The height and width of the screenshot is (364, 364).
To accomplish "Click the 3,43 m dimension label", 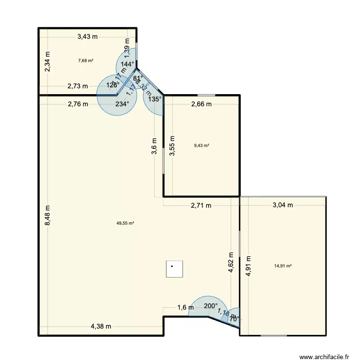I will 87,36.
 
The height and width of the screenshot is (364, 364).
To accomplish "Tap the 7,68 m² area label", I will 85,61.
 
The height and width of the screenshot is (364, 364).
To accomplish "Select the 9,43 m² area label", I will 201,145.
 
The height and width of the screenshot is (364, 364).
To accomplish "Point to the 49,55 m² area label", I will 125,223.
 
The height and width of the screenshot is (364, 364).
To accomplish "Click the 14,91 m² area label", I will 283,265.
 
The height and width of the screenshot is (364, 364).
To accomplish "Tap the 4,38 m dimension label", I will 101,327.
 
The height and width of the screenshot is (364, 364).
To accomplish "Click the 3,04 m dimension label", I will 283,205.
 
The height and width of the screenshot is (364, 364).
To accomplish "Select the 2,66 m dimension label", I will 201,104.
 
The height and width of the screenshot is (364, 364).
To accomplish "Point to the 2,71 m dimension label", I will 201,205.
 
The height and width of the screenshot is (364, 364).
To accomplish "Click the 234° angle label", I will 122,104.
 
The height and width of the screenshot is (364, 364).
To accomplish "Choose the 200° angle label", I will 211,306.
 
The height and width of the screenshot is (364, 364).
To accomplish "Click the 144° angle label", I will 127,64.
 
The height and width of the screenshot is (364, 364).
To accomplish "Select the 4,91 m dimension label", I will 248,266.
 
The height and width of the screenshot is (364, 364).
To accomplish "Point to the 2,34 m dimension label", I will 48,63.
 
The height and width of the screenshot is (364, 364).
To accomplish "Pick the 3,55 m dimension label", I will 172,145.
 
